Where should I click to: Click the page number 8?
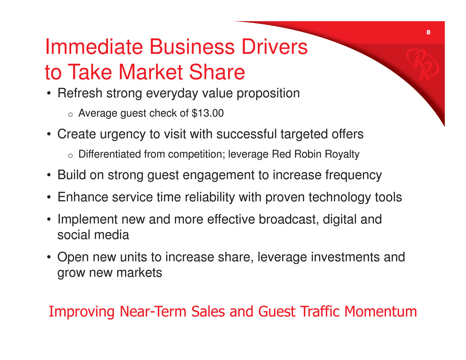coord(428,32)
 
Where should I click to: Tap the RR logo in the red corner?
coord(422,64)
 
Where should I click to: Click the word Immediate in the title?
coord(94,47)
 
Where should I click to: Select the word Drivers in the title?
coord(274,47)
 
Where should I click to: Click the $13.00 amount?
coord(207,113)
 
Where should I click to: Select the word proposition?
coord(268,94)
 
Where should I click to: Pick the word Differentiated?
coord(110,154)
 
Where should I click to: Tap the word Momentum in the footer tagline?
coord(380,312)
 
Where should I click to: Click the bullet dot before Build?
coord(49,175)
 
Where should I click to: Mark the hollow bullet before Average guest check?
coord(70,114)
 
